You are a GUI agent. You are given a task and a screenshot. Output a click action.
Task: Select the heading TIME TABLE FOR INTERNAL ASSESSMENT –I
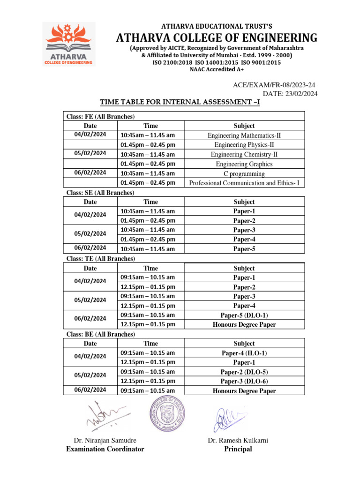[x=180, y=102]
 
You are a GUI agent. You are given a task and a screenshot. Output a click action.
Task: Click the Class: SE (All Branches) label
[x=99, y=193]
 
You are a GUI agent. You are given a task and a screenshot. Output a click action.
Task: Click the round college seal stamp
[x=167, y=415]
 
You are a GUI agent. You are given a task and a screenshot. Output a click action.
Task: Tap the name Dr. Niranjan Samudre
[x=105, y=440]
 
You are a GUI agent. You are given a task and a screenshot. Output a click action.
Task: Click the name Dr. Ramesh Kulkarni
[x=238, y=440]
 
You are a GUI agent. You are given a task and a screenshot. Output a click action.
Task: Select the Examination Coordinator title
[x=105, y=449]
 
